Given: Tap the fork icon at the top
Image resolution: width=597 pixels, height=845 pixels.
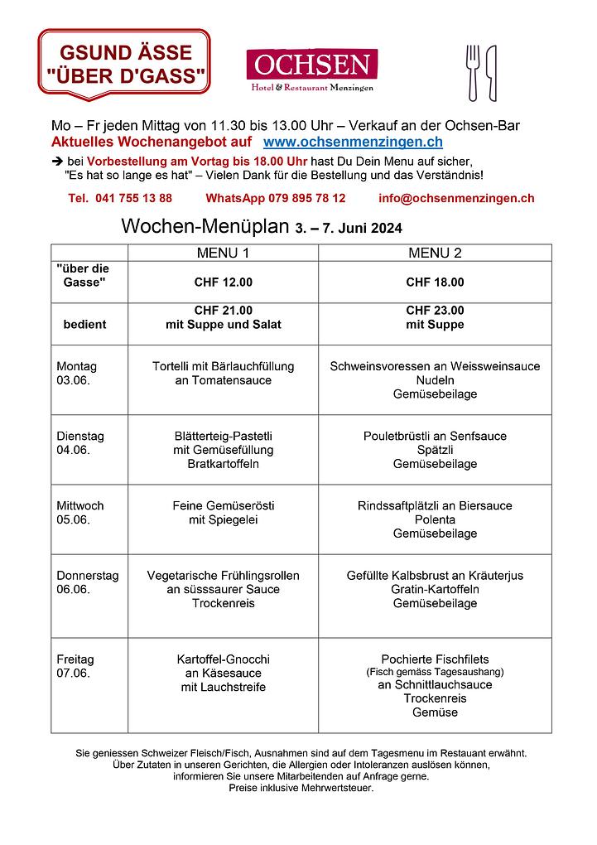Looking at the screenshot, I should point(473,72).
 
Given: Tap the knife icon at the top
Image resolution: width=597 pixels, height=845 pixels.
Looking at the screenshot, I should point(491,72).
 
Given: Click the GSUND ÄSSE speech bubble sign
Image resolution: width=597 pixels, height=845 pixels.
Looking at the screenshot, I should point(124,65).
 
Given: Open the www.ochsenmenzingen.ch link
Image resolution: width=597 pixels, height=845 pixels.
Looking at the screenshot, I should point(353,142).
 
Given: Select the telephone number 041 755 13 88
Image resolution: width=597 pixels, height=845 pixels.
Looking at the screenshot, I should point(121,198).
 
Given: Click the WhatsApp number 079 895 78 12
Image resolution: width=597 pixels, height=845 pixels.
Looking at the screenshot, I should point(276,198).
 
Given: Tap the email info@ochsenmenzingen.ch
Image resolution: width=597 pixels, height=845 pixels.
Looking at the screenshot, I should point(456,198).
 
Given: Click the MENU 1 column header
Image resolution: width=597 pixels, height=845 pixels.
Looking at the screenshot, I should point(223,253).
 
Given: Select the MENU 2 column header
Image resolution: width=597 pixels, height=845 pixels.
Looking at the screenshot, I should point(435,253).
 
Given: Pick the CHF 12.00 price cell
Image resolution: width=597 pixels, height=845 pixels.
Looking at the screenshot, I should point(223,282).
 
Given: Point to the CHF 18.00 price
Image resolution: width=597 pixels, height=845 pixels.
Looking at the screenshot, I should point(435,282).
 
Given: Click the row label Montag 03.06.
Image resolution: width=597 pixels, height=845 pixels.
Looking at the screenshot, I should point(77,373).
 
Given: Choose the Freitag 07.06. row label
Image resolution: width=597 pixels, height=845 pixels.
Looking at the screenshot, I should point(75,666).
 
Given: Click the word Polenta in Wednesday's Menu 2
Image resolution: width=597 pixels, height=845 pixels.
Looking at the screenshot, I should point(435,519).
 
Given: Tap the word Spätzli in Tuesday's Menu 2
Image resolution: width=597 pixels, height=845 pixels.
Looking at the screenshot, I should point(435,450).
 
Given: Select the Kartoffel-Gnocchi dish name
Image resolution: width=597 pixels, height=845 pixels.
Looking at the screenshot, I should point(223,659).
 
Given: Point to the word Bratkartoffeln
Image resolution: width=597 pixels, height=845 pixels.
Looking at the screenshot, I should point(223,464).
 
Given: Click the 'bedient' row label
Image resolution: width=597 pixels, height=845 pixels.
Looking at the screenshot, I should point(84,325).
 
